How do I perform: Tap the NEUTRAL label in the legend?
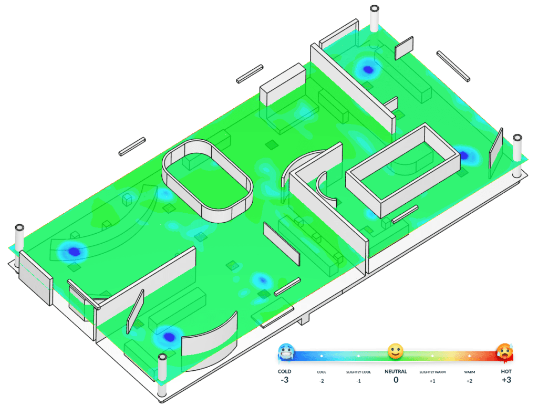[396, 371]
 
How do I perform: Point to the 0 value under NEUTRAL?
[396, 380]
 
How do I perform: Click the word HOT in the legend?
[506, 371]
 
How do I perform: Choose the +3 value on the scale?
[506, 380]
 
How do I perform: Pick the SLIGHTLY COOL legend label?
[358, 372]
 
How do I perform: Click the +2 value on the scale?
[469, 381]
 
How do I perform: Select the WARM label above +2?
[469, 372]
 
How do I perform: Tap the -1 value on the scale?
[358, 381]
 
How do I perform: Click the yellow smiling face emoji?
[396, 352]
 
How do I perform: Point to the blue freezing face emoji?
[286, 352]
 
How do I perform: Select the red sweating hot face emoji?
[505, 352]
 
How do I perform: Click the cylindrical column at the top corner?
[375, 18]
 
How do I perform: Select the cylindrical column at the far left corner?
[20, 239]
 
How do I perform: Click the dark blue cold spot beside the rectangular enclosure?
[464, 155]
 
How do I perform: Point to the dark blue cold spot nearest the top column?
[368, 69]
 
